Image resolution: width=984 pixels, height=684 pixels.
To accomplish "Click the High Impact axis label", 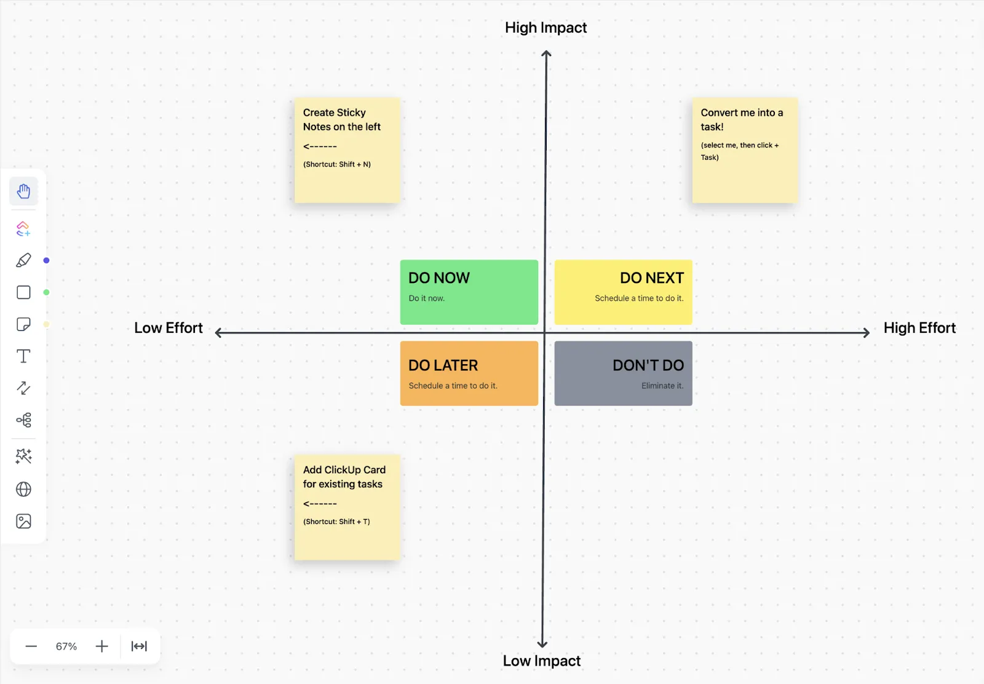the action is pyautogui.click(x=546, y=28).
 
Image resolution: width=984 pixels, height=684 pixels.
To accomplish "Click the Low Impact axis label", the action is pyautogui.click(x=542, y=661).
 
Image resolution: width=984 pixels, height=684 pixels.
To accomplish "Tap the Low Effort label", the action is pyautogui.click(x=169, y=328).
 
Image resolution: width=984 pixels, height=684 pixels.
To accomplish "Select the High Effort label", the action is pyautogui.click(x=919, y=328).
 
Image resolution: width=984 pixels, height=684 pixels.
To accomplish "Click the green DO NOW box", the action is pyautogui.click(x=469, y=292).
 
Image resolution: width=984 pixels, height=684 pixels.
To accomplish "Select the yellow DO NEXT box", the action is pyautogui.click(x=623, y=292).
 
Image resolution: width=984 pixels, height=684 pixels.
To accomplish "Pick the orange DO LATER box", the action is pyautogui.click(x=469, y=373).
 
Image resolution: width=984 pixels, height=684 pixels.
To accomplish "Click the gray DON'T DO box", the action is pyautogui.click(x=623, y=373).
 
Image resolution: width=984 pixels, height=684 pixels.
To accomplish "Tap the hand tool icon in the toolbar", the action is pyautogui.click(x=24, y=191).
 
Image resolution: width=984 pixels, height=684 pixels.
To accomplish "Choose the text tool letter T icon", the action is pyautogui.click(x=24, y=356).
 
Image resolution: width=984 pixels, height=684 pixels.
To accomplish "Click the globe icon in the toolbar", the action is pyautogui.click(x=24, y=489).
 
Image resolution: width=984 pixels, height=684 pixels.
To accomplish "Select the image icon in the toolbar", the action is pyautogui.click(x=24, y=521).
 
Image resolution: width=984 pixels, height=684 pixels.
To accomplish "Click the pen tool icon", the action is pyautogui.click(x=24, y=260).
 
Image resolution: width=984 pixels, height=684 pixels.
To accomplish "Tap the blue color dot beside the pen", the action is pyautogui.click(x=46, y=261).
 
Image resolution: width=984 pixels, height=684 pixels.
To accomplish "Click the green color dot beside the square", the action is pyautogui.click(x=46, y=293).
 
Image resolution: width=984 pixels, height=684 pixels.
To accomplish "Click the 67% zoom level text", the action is pyautogui.click(x=66, y=646).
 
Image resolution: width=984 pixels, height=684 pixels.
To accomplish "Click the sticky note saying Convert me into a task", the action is pyautogui.click(x=745, y=150).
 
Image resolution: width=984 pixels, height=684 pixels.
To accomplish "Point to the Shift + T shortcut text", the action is pyautogui.click(x=336, y=522).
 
